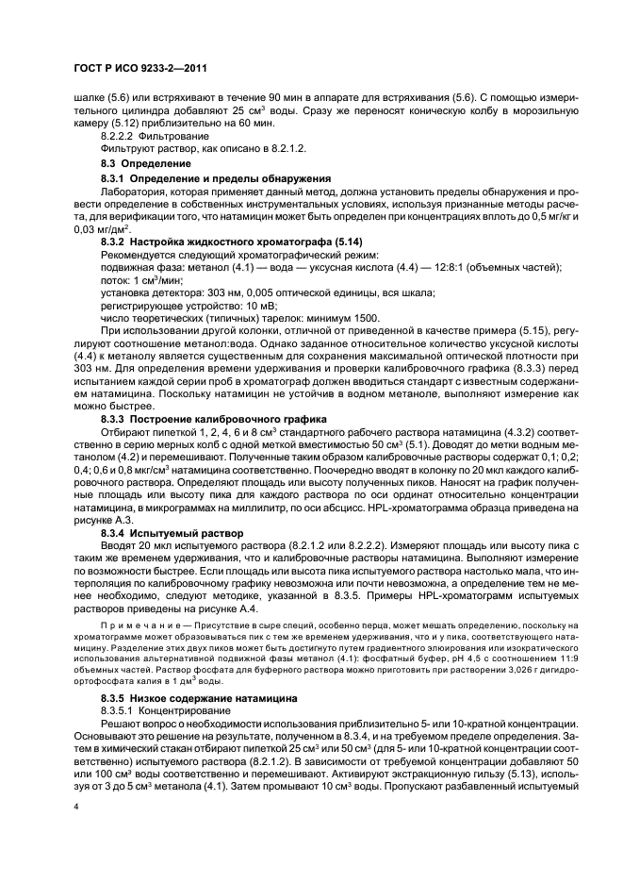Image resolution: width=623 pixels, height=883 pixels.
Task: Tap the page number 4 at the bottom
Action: click(x=75, y=807)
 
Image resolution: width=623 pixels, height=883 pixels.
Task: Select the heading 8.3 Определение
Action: click(x=139, y=164)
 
